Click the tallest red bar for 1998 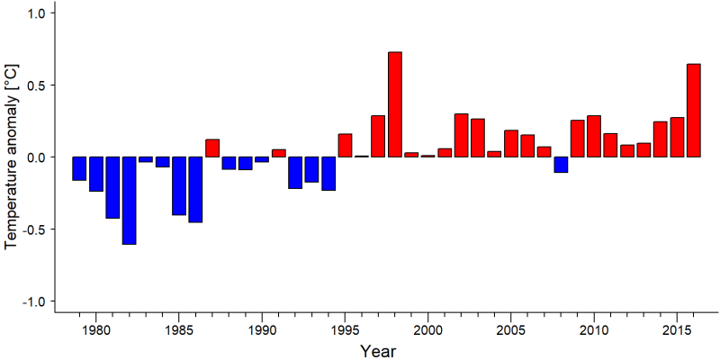tap(395, 104)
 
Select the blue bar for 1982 tap(129, 201)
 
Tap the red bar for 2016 tap(694, 110)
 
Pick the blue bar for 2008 tap(561, 165)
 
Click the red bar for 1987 tap(212, 148)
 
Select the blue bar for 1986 tap(195, 190)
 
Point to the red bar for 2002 tap(461, 136)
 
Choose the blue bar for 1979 tap(79, 168)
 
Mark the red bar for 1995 tap(345, 145)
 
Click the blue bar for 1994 tap(328, 174)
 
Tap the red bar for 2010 tap(594, 137)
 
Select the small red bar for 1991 tap(279, 153)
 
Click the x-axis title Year tap(377, 351)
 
